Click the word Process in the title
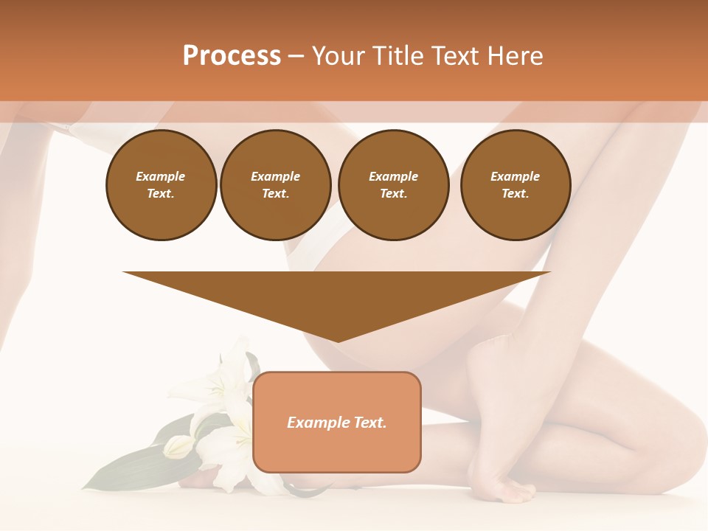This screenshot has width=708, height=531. [x=232, y=56]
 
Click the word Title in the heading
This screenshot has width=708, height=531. [x=397, y=56]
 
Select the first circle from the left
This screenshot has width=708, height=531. [x=161, y=185]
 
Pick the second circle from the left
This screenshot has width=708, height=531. [x=276, y=185]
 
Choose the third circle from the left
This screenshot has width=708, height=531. [x=393, y=185]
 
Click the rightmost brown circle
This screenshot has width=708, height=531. [x=516, y=185]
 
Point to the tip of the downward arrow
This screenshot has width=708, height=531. [x=337, y=341]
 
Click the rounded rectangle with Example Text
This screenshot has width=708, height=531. [x=337, y=422]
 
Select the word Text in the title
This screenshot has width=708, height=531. [x=457, y=56]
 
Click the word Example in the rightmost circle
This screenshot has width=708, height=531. [x=515, y=176]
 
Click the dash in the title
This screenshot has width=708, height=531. [x=296, y=56]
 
